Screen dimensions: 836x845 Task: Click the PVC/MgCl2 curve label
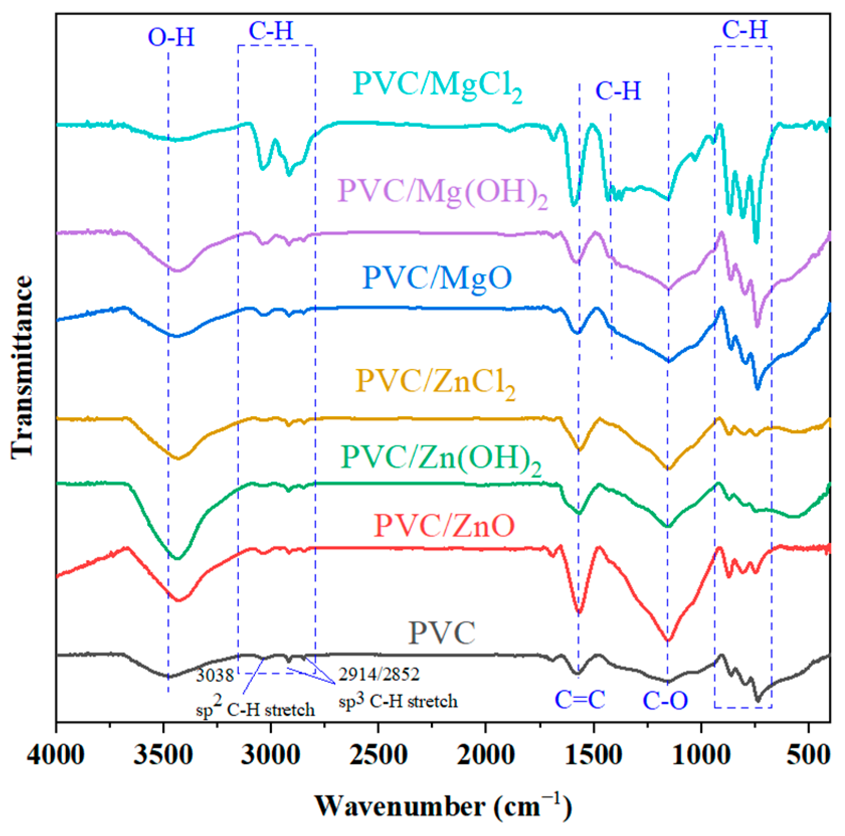[437, 85]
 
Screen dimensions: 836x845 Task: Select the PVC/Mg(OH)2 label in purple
[442, 193]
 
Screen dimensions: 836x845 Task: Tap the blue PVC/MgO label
[437, 278]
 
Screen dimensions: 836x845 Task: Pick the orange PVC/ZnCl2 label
[435, 383]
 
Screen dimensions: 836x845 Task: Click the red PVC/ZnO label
[444, 526]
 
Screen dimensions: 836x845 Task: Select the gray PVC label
[441, 633]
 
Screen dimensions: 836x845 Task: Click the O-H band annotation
[171, 38]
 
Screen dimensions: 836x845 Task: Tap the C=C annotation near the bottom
[580, 700]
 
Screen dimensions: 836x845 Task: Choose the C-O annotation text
[665, 701]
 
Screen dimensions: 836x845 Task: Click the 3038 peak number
[215, 676]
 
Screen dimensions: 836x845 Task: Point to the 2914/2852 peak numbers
[379, 674]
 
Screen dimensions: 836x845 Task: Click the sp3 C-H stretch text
[398, 701]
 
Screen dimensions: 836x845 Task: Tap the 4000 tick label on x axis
[56, 756]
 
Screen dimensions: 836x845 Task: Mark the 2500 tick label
[378, 756]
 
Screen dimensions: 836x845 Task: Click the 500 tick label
[808, 756]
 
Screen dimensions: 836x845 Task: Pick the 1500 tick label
[593, 756]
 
